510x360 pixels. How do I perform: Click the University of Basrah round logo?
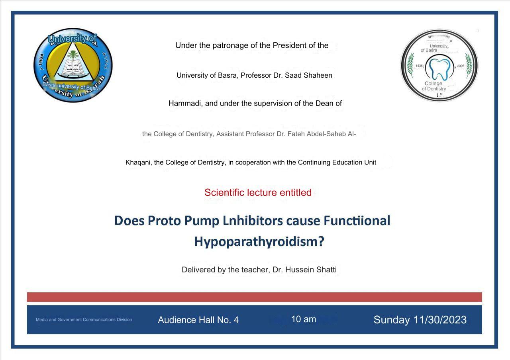pos(73,65)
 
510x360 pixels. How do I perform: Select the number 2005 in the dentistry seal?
pos(461,66)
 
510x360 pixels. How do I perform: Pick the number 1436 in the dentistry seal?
pos(419,66)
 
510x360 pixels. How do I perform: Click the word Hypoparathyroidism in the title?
pos(259,242)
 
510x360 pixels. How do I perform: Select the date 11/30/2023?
pos(440,320)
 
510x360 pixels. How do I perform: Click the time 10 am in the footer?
pos(304,319)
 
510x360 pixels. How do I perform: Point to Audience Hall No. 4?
pos(198,320)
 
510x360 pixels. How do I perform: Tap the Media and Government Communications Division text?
pos(84,319)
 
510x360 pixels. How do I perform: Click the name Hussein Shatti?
pos(311,270)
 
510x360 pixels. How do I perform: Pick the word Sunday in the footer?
pos(392,320)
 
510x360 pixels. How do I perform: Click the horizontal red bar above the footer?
pos(255,297)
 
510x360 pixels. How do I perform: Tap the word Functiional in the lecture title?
pos(357,221)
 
